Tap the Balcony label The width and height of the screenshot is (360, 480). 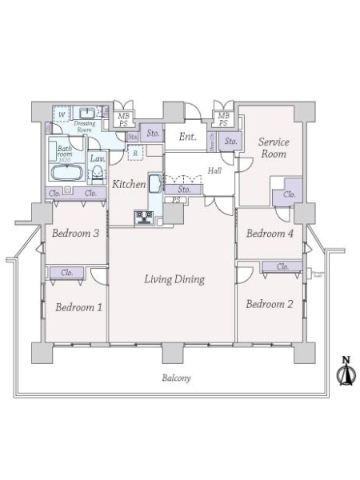[x=173, y=378]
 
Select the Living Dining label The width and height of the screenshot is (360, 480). [x=174, y=279]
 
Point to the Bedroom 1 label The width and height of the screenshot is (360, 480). [x=78, y=306]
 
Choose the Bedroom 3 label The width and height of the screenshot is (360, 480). [x=74, y=234]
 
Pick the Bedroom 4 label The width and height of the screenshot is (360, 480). [x=268, y=234]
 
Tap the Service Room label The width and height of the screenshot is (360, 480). [x=273, y=148]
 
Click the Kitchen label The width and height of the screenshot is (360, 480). [x=128, y=185]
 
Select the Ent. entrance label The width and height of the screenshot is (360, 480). [x=187, y=137]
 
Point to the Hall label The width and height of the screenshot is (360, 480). [x=215, y=170]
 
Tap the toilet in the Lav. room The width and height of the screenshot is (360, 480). [x=95, y=180]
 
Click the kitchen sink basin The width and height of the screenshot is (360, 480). [x=154, y=183]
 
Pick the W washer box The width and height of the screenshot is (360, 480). [x=62, y=114]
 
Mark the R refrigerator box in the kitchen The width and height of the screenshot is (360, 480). [x=135, y=152]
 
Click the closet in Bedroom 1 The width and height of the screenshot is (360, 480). [x=67, y=273]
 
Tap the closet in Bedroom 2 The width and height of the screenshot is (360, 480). [x=282, y=266]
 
